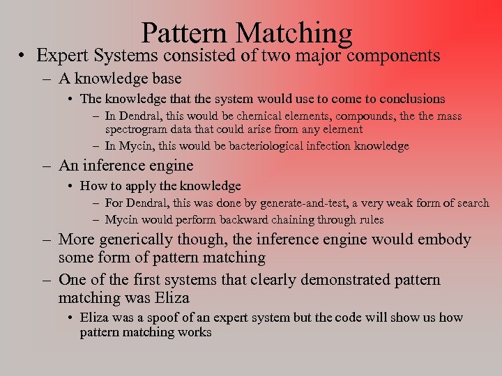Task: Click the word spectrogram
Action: pyautogui.click(x=137, y=129)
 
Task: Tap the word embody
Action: pyautogui.click(x=446, y=240)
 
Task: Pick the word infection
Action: pyautogui.click(x=321, y=146)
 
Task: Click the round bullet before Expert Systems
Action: pyautogui.click(x=23, y=56)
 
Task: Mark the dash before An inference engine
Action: pyautogui.click(x=46, y=166)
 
